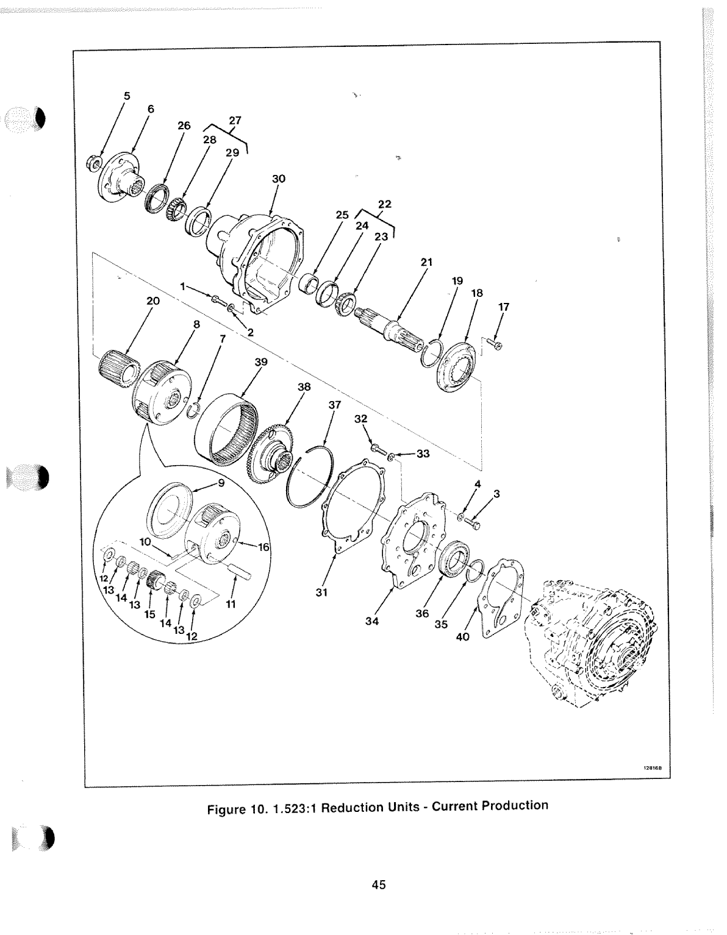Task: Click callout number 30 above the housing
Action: (x=279, y=179)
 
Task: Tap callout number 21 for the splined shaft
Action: (x=426, y=262)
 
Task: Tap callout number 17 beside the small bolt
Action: (x=504, y=307)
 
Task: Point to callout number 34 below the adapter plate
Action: (x=372, y=622)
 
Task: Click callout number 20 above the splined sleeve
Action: (x=152, y=300)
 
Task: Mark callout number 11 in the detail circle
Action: (x=231, y=605)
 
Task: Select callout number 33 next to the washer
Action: (x=423, y=453)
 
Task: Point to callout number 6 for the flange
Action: (x=151, y=109)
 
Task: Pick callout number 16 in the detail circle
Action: (x=263, y=547)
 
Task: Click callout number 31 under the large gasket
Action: (x=322, y=591)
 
